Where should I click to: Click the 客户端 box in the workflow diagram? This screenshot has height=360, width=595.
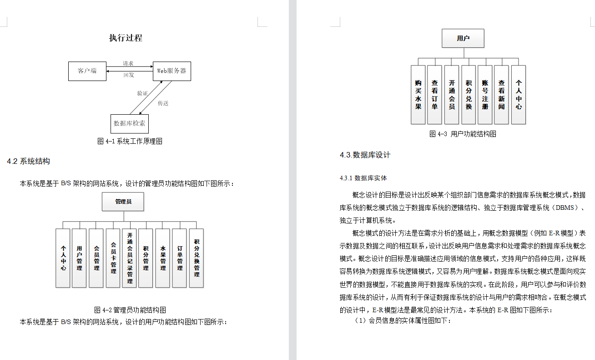(x=87, y=71)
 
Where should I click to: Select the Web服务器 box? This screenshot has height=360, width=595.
(x=171, y=71)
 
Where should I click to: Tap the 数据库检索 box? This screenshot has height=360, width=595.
(x=130, y=123)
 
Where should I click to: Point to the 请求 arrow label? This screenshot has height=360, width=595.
(x=128, y=64)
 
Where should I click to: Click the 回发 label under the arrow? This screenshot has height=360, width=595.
(x=129, y=75)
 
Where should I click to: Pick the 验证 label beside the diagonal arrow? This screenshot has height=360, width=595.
(x=142, y=93)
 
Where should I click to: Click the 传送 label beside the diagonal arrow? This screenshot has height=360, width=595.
(x=163, y=103)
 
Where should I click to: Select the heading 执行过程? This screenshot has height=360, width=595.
(x=126, y=38)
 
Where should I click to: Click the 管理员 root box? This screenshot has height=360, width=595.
(x=123, y=202)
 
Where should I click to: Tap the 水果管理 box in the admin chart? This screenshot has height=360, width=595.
(x=162, y=258)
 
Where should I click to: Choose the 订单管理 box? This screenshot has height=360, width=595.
(x=180, y=258)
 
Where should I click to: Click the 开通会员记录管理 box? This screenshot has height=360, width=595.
(x=129, y=258)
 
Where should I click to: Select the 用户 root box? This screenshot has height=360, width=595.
(x=463, y=38)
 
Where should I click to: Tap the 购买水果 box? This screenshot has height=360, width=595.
(x=418, y=95)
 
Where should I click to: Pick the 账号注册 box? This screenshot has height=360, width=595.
(x=485, y=95)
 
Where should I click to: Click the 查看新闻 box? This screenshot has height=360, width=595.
(x=501, y=95)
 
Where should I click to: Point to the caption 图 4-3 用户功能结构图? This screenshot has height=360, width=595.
(x=463, y=134)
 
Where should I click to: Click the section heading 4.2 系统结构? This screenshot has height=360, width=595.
(x=28, y=161)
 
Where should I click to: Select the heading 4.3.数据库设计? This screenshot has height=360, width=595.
(x=365, y=155)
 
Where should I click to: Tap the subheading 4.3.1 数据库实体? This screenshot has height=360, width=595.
(x=363, y=178)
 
